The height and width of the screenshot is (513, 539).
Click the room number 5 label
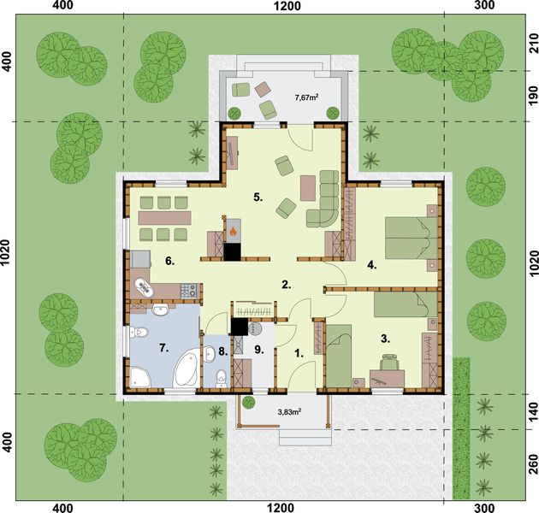pyautogui.click(x=257, y=198)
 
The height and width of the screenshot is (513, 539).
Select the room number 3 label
pyautogui.click(x=386, y=339)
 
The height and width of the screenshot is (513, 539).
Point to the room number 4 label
pyautogui.click(x=372, y=264)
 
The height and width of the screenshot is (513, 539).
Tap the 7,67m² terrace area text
pyautogui.click(x=306, y=97)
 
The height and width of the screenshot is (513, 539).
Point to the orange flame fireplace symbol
pyautogui.click(x=233, y=230)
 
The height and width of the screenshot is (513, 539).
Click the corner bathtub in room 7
pyautogui.click(x=184, y=369)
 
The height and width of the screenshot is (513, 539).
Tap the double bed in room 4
pyautogui.click(x=409, y=237)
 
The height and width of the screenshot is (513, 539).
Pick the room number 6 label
pyautogui.click(x=169, y=261)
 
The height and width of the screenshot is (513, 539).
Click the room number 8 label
pyautogui.click(x=221, y=351)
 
